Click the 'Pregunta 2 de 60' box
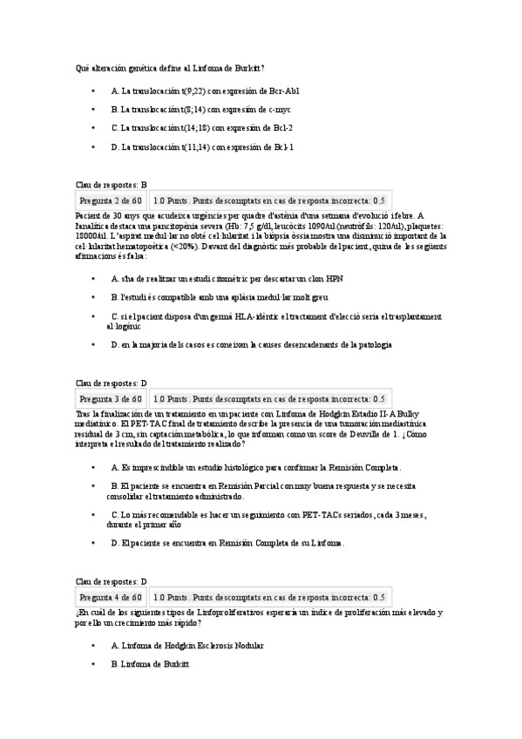click(x=111, y=200)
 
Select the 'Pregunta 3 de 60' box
click(x=111, y=398)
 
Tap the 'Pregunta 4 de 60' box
click(x=111, y=597)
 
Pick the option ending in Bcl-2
click(x=201, y=128)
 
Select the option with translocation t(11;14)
click(x=202, y=147)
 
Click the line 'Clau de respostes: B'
click(x=112, y=185)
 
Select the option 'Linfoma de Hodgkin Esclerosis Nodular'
click(x=187, y=646)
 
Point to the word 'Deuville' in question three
click(x=367, y=433)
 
